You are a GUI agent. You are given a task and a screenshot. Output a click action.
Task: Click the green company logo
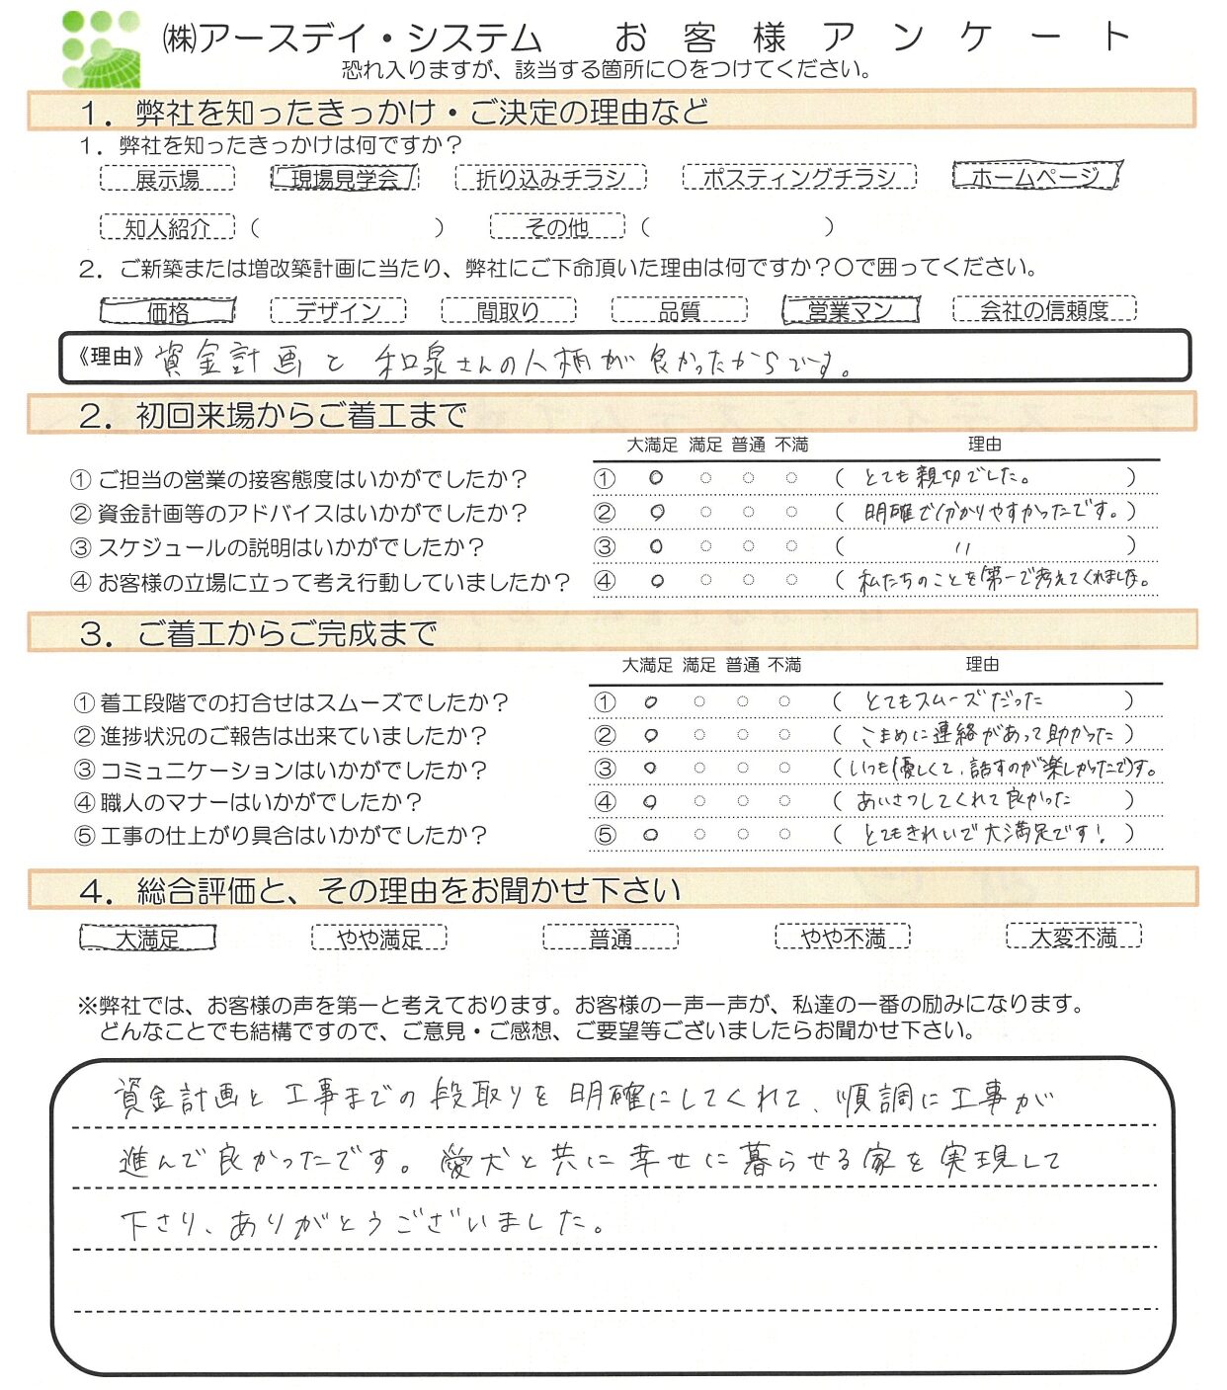[101, 49]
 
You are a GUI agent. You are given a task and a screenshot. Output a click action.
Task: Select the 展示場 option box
[167, 179]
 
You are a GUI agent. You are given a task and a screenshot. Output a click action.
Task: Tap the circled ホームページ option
[1036, 177]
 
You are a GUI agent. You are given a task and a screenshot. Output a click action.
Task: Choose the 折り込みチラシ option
[550, 178]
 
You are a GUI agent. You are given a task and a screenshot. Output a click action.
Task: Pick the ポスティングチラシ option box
[799, 178]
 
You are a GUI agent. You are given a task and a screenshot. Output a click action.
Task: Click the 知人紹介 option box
[167, 228]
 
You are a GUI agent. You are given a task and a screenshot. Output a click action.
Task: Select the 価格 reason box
[167, 312]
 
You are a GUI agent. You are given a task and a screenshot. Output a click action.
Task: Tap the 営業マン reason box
[850, 311]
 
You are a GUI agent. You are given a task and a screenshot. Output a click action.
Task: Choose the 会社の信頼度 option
[1044, 310]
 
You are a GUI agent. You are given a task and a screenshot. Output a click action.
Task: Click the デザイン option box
[338, 311]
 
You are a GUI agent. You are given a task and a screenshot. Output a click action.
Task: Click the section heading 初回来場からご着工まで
[301, 416]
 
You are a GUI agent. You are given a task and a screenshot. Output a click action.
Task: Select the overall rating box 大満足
[147, 938]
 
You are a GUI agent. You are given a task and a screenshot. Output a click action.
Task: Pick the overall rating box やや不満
[842, 937]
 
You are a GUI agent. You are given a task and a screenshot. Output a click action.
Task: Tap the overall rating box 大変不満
[1073, 936]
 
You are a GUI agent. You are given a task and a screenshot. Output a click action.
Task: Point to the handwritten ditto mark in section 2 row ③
[964, 547]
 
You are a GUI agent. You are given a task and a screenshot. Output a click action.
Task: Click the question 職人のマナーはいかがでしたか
[261, 802]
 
